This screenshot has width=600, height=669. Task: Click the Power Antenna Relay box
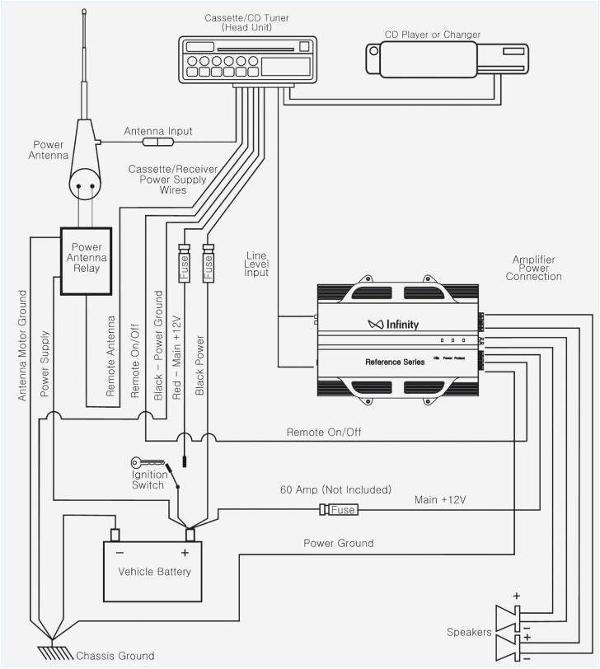coord(87,260)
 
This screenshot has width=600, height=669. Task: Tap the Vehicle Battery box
coord(154,571)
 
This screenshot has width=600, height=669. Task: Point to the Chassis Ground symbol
coord(51,651)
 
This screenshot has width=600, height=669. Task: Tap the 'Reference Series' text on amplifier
coord(396,362)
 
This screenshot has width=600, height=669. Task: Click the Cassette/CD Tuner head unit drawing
coord(247,59)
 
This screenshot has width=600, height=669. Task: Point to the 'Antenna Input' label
coord(158,131)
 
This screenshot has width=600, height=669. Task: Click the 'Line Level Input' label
coord(257,263)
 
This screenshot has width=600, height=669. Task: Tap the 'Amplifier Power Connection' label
coord(533,268)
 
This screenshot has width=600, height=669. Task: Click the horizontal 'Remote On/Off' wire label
coord(323,432)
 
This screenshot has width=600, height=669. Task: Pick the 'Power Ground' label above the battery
coord(338,543)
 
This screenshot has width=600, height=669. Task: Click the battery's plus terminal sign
coord(185,553)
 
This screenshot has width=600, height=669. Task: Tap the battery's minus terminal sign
coord(120,553)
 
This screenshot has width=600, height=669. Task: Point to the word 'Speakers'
coord(469,632)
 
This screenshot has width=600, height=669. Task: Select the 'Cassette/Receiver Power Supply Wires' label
coord(173,179)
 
